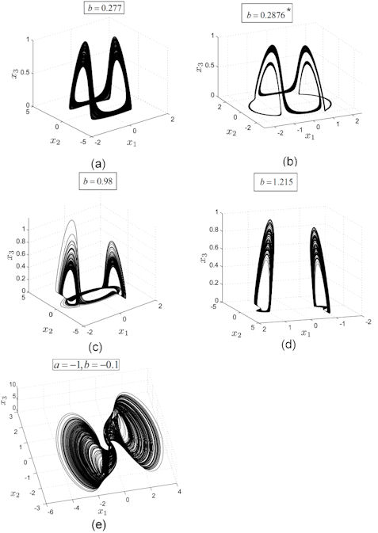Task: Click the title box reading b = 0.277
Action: [x=104, y=8]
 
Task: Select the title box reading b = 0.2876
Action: [x=267, y=15]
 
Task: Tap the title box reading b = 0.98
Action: [x=97, y=181]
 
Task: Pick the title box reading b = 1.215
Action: [x=276, y=182]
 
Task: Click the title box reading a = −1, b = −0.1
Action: [x=86, y=365]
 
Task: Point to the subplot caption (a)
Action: [x=99, y=164]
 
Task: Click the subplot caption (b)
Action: [x=290, y=161]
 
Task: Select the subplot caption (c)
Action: [x=95, y=347]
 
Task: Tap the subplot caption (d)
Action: [x=288, y=345]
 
